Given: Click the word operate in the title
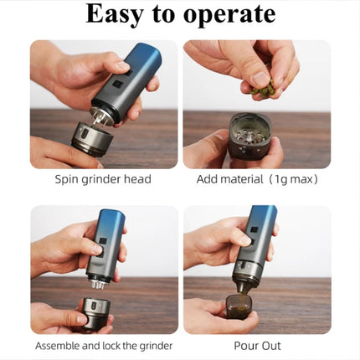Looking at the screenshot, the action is [x=229, y=16].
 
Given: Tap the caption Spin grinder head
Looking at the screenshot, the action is [x=103, y=179].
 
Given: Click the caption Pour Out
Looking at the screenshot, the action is [x=257, y=346].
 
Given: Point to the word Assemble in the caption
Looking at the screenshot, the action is [x=57, y=346].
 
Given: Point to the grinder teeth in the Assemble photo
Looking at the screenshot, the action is [x=98, y=285].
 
